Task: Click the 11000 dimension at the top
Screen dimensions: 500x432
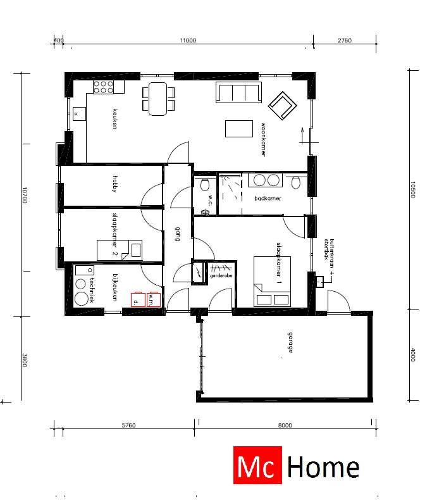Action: click(x=188, y=41)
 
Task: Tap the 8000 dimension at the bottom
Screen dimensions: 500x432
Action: click(x=285, y=425)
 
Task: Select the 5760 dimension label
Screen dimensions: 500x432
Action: click(x=128, y=425)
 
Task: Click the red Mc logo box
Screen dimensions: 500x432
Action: click(x=257, y=466)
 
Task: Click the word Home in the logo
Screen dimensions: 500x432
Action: click(x=323, y=467)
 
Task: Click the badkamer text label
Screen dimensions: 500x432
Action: click(x=267, y=198)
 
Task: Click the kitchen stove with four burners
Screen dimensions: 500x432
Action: click(x=103, y=87)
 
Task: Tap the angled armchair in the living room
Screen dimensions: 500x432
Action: click(x=282, y=104)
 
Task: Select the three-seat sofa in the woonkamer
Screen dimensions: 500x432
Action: click(x=238, y=93)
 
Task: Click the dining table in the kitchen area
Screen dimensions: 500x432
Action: click(x=158, y=99)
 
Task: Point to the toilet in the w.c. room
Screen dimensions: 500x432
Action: click(x=204, y=184)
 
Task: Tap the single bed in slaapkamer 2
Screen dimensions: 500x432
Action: click(x=119, y=249)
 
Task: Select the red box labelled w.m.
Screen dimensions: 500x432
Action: click(x=153, y=299)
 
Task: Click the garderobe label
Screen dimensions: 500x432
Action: click(x=221, y=276)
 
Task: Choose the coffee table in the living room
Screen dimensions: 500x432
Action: click(x=238, y=128)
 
